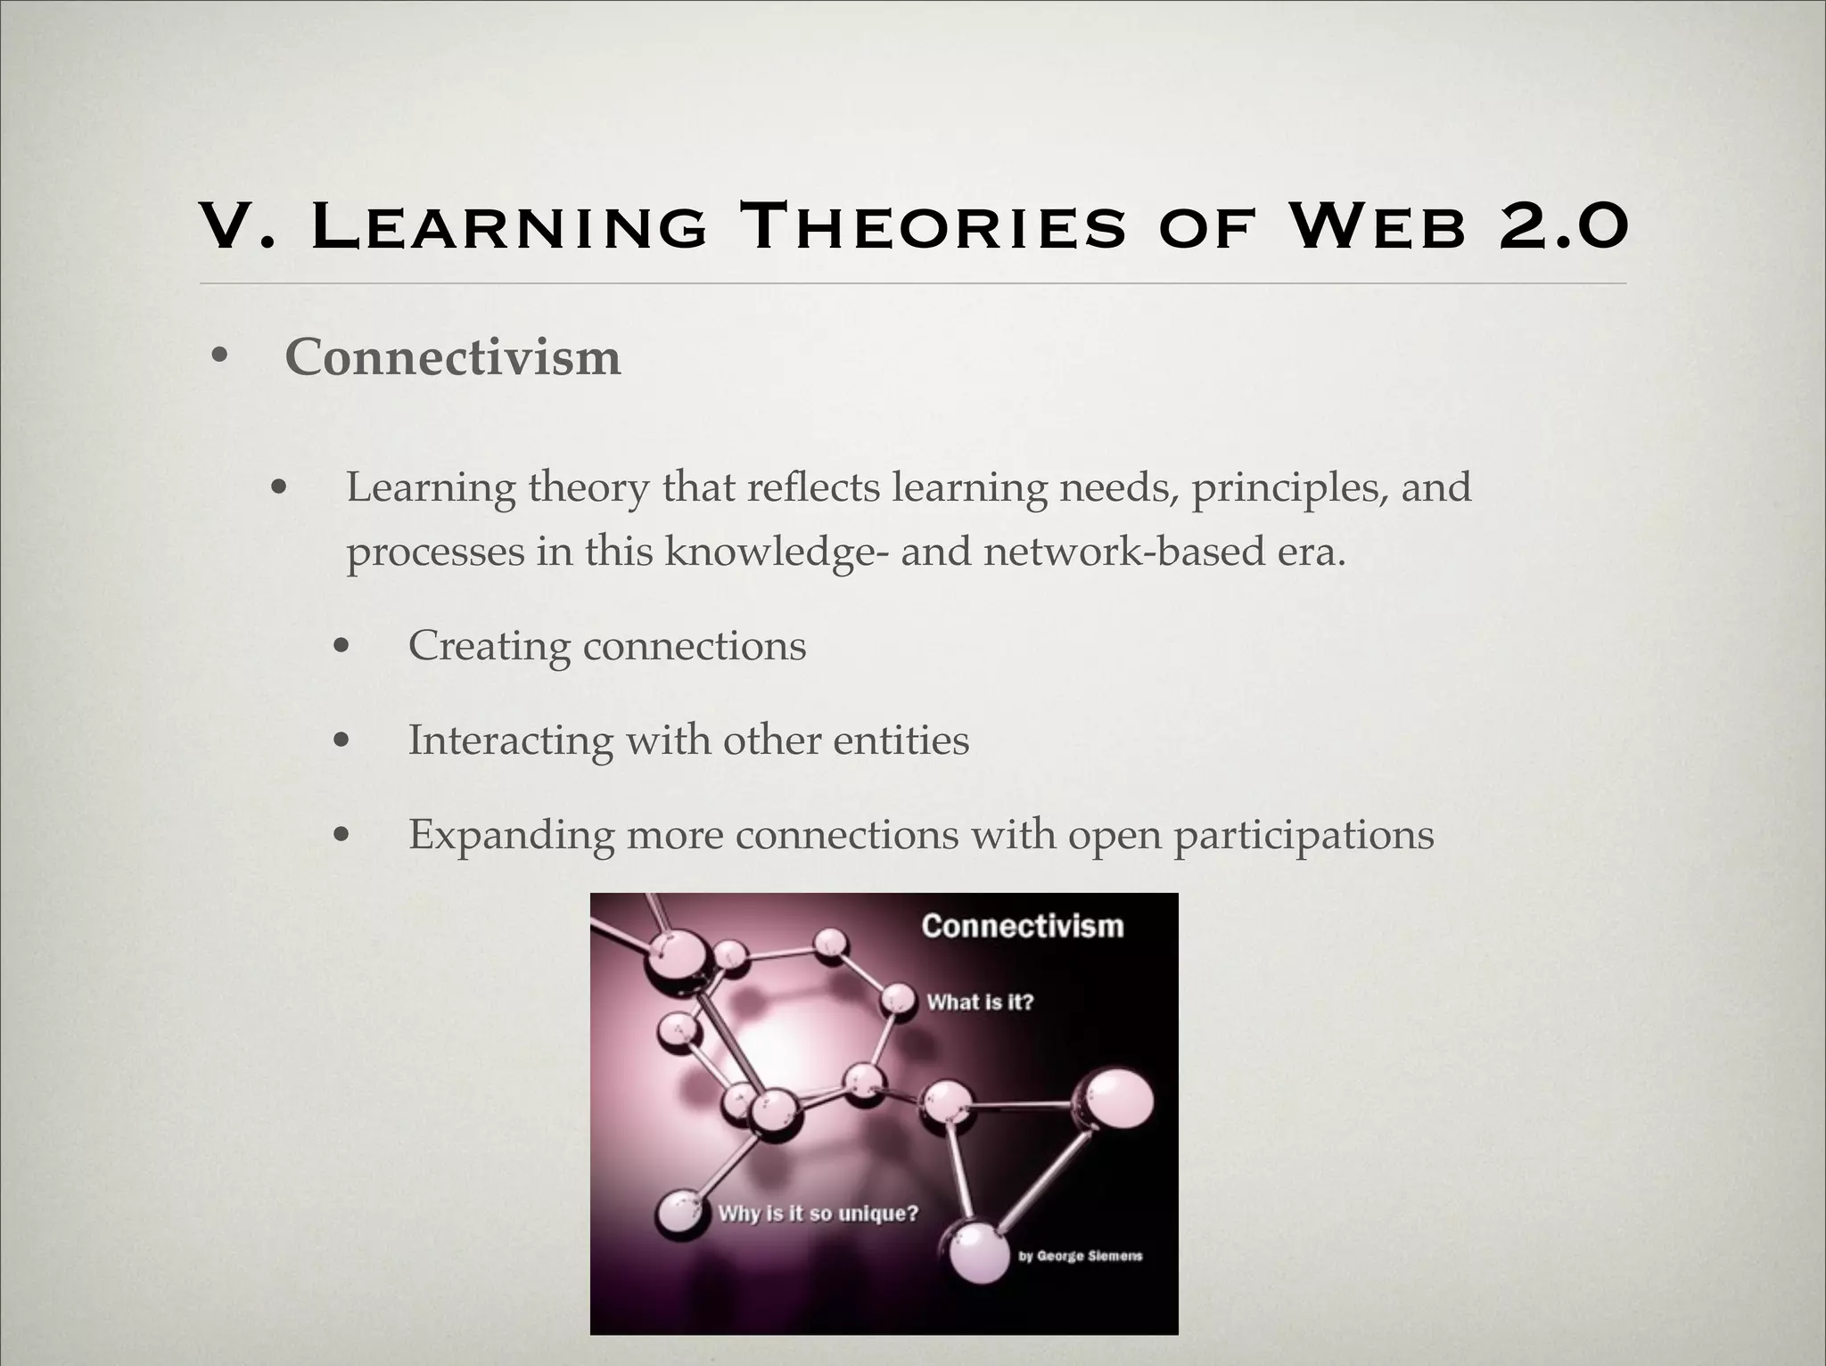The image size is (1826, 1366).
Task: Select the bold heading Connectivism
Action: point(452,358)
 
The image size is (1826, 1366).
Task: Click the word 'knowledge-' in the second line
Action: point(776,552)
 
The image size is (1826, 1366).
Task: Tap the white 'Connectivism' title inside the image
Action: point(1022,926)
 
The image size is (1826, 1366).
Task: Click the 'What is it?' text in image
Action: point(979,1002)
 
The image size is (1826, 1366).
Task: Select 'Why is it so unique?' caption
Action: point(818,1214)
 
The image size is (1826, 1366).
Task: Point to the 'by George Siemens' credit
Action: point(1080,1256)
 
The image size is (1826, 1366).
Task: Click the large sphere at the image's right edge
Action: point(1114,1100)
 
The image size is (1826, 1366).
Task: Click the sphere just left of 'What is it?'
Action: point(899,1000)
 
